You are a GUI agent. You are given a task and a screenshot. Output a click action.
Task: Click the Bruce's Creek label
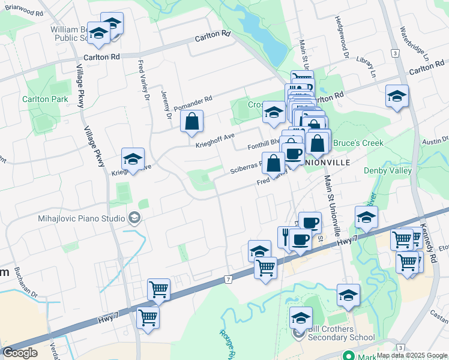tap(358, 143)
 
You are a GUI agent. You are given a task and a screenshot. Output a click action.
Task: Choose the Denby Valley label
tap(388, 170)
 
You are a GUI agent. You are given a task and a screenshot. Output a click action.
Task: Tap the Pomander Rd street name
tap(193, 103)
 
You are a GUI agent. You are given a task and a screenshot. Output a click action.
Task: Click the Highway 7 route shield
tap(228, 279)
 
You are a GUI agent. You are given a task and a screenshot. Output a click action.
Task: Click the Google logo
tap(20, 353)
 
